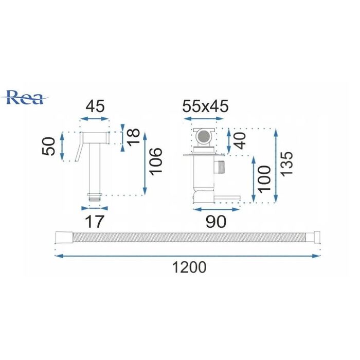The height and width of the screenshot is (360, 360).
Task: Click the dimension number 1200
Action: [189, 267]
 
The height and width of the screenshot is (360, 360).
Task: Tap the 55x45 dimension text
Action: [206, 106]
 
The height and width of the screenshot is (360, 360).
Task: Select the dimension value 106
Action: [156, 161]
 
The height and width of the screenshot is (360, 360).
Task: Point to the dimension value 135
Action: [287, 164]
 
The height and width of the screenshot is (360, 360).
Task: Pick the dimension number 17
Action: [95, 221]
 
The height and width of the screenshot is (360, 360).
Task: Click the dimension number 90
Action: [216, 222]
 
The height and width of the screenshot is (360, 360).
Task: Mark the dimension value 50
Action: [49, 146]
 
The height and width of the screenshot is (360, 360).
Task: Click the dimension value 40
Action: [240, 140]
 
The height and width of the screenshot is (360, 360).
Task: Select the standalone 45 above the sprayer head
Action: [95, 106]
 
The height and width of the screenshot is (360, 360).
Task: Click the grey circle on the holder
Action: [204, 137]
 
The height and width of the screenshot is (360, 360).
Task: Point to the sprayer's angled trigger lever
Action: [79, 147]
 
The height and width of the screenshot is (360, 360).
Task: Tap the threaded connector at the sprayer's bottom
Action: [94, 197]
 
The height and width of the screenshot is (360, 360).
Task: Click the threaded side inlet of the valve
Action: [220, 167]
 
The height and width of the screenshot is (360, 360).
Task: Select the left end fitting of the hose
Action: [64, 238]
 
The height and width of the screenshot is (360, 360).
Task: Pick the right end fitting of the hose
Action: [314, 238]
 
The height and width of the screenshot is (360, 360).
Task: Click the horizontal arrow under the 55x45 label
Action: [204, 118]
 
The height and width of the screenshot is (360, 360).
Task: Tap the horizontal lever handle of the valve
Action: [227, 198]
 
